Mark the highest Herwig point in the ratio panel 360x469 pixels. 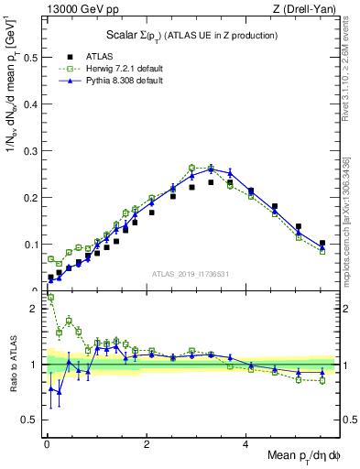50,297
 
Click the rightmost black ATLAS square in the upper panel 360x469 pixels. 322,244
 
